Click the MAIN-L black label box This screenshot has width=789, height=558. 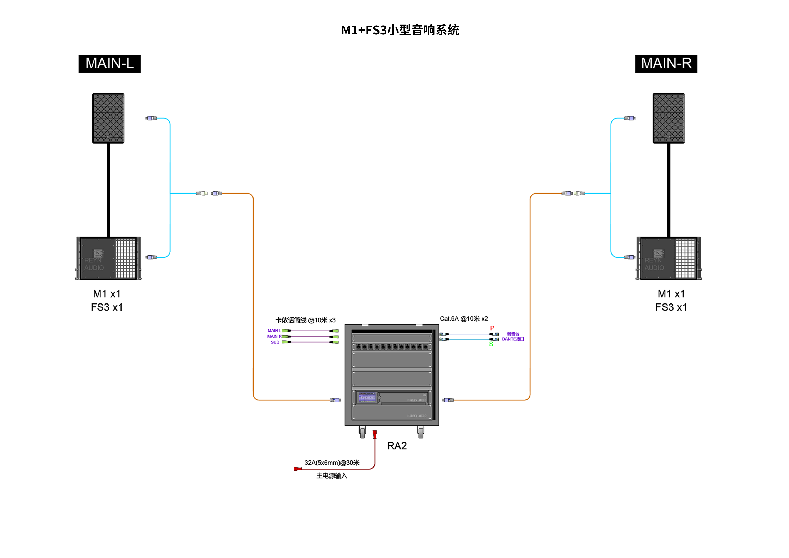click(x=110, y=64)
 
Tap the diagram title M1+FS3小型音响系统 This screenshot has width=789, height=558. click(x=400, y=30)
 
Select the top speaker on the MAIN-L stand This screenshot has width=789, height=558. click(x=108, y=118)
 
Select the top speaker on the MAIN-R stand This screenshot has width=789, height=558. click(x=668, y=118)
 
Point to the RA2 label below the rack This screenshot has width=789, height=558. click(x=397, y=446)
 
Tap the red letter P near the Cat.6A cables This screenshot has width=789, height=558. click(x=492, y=328)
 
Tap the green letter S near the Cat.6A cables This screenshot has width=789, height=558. click(x=491, y=344)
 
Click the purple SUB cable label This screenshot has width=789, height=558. click(x=275, y=342)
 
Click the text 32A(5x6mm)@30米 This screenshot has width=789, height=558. click(x=332, y=463)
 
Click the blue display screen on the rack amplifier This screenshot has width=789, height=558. click(x=367, y=398)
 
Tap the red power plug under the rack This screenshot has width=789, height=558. click(x=375, y=434)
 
